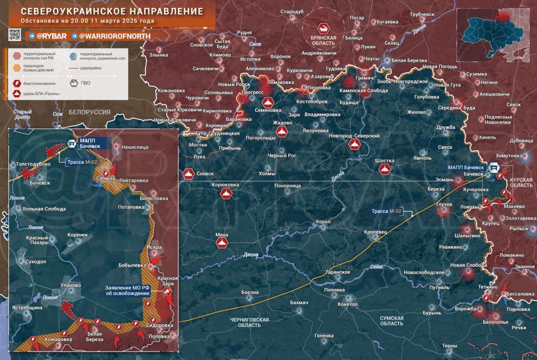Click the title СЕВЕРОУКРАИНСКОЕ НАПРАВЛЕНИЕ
(108, 11)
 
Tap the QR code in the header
(15, 35)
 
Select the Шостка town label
(385, 160)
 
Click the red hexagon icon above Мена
(222, 244)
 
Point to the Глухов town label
(444, 205)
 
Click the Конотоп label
(348, 304)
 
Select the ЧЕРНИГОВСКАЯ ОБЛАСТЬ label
(249, 322)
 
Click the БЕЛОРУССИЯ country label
(90, 112)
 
